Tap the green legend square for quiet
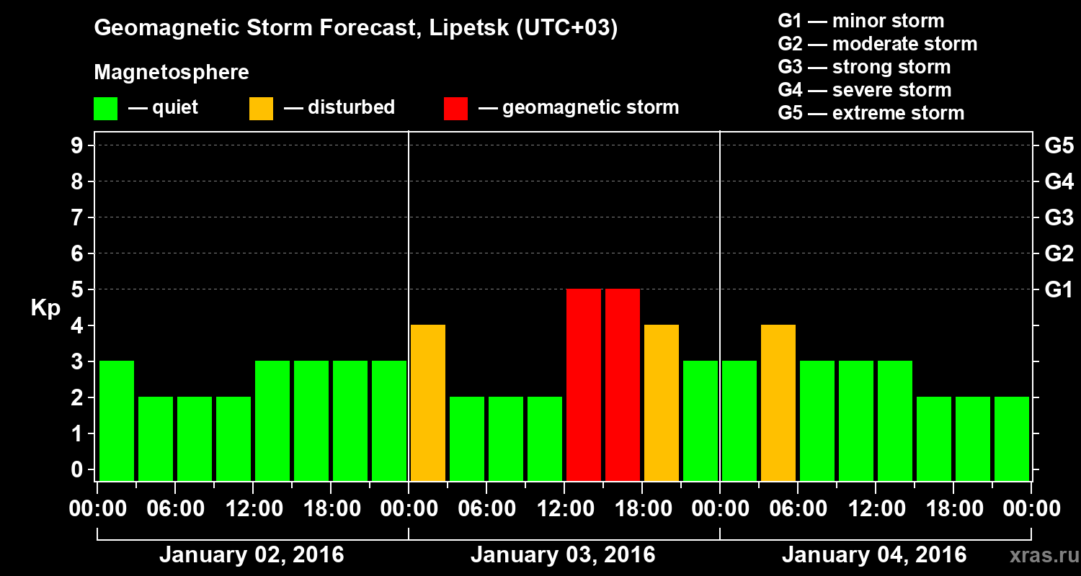[105, 109]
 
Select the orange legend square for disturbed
[261, 109]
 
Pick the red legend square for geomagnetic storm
[455, 109]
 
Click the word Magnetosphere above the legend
[172, 73]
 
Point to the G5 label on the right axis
[1059, 146]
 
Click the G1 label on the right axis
[1059, 290]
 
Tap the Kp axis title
[45, 308]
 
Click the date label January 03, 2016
[563, 555]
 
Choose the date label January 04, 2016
[874, 555]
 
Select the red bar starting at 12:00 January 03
[584, 384]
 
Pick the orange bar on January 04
[778, 402]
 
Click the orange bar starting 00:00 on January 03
[428, 402]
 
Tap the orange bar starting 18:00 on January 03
[662, 402]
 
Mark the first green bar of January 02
[117, 420]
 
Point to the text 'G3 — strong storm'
[864, 67]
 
